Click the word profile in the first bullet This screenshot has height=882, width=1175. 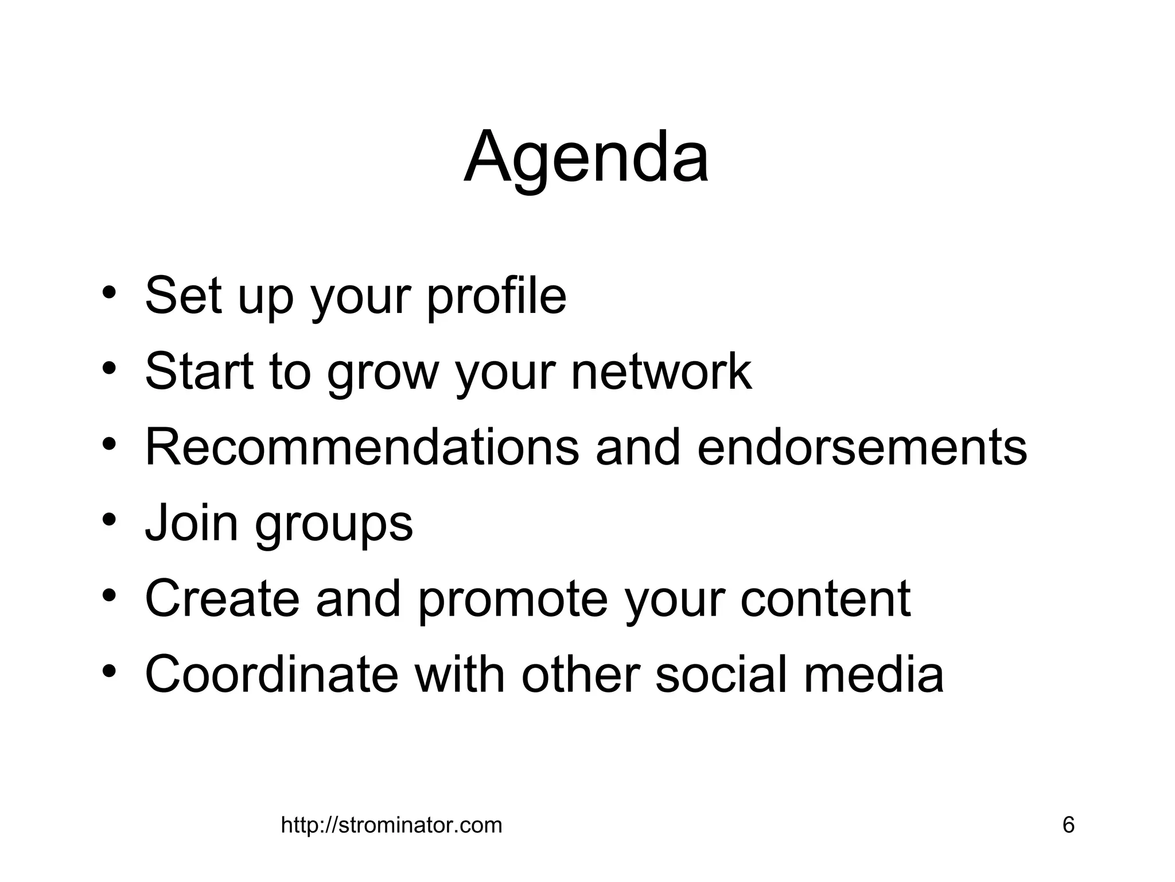496,297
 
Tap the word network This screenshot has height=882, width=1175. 661,372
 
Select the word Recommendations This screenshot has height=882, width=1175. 362,447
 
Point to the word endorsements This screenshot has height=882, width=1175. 862,447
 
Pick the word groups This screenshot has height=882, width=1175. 333,525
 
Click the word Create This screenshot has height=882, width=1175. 222,598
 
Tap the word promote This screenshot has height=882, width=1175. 512,601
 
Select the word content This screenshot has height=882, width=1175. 825,598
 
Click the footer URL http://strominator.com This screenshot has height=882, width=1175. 391,825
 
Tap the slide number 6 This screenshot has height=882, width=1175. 1068,825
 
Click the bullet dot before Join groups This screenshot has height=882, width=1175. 110,520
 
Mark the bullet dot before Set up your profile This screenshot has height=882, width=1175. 110,293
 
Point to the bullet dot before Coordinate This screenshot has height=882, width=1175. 110,671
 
